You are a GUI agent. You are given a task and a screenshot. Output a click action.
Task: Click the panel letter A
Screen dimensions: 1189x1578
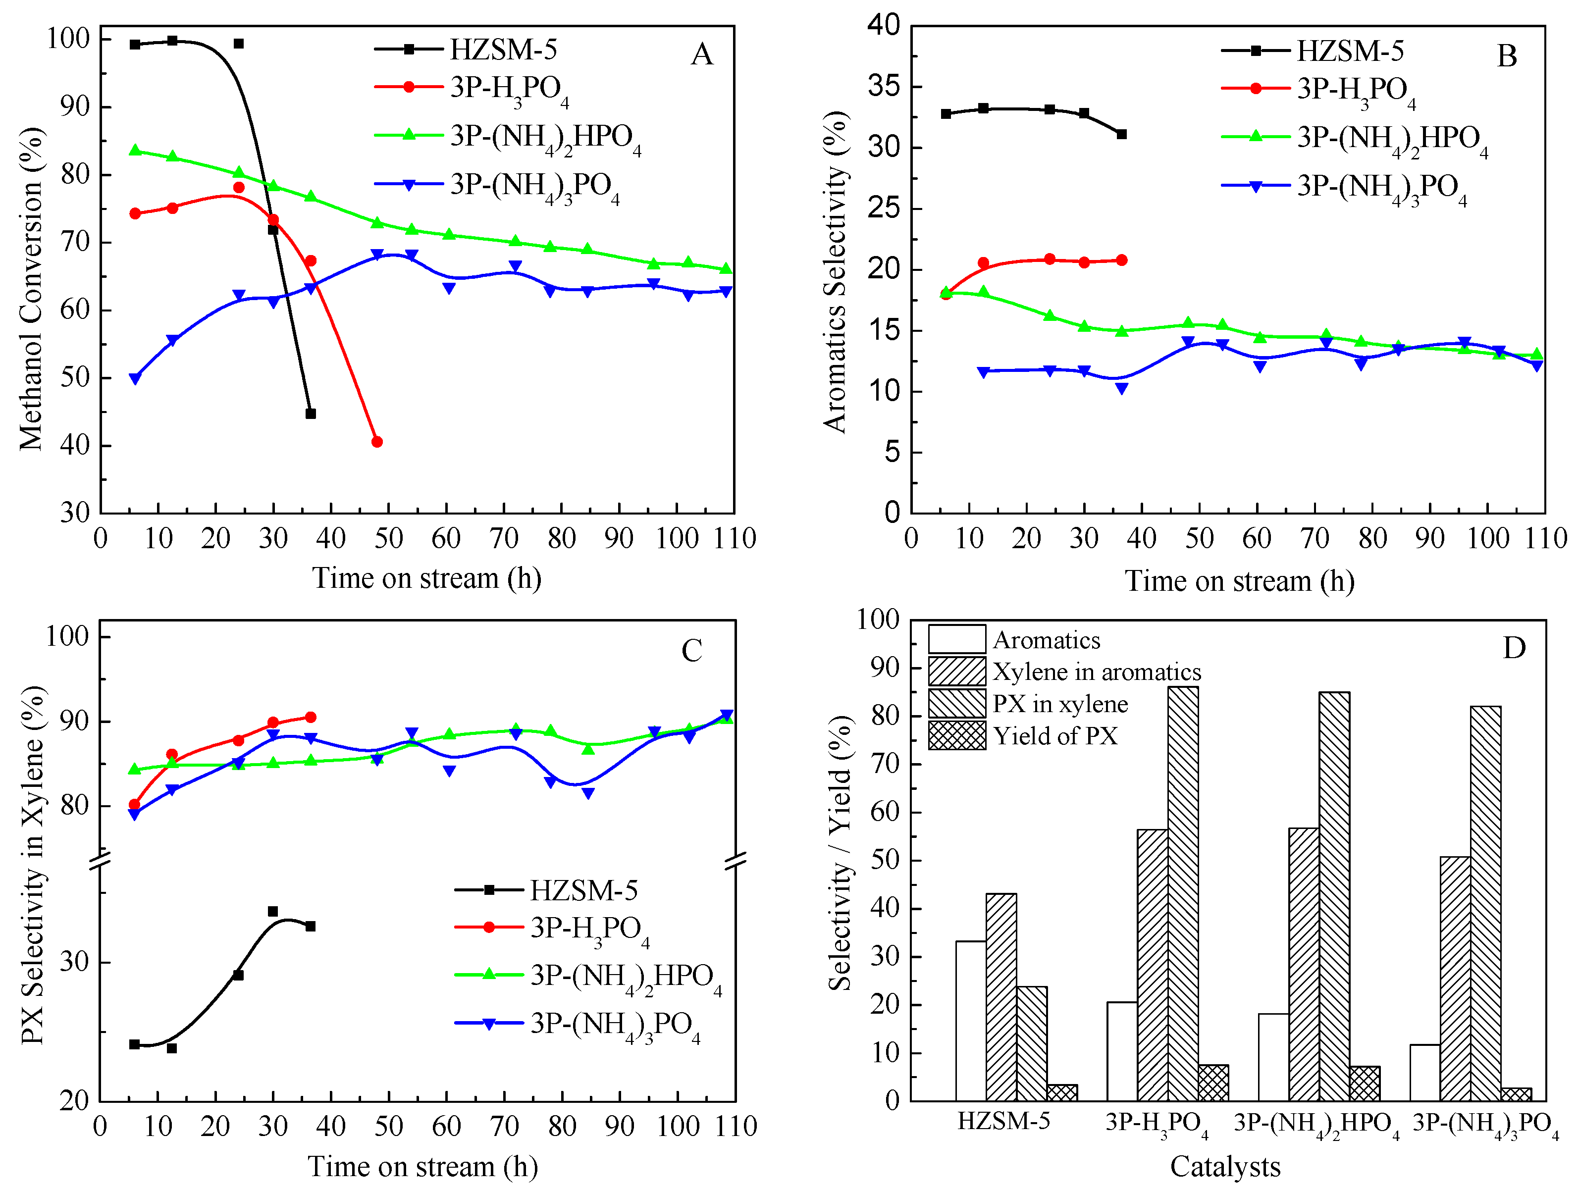(x=701, y=54)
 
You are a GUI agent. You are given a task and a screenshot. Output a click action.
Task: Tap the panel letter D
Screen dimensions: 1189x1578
(x=1513, y=648)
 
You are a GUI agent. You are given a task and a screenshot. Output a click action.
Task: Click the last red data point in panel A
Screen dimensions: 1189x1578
(x=376, y=442)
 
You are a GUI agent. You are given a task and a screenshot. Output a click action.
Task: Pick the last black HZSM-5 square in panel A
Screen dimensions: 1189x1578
(x=311, y=414)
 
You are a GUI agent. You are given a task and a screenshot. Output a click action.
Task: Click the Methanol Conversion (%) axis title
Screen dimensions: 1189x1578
(x=31, y=289)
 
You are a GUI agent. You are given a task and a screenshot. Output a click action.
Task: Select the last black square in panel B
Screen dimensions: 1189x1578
(x=1121, y=134)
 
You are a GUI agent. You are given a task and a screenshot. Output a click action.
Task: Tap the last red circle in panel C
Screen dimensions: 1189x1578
(x=311, y=717)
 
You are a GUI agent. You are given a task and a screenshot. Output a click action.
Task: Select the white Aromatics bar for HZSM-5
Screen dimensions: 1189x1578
(x=970, y=1020)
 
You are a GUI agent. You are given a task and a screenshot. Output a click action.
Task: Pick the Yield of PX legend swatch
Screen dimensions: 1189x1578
(x=956, y=735)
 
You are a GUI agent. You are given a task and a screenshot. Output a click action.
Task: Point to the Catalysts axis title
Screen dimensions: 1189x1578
(x=1225, y=1166)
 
